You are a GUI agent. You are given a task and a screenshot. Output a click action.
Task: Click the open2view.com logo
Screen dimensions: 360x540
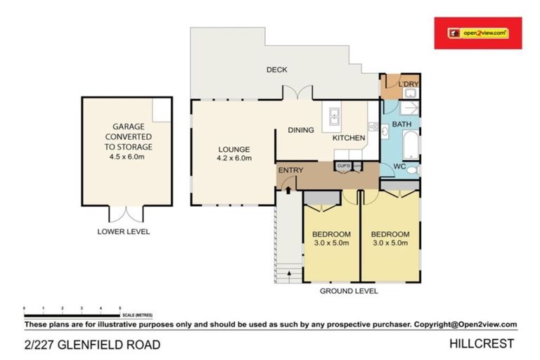(477, 33)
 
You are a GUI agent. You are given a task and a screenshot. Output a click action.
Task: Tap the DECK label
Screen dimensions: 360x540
(277, 70)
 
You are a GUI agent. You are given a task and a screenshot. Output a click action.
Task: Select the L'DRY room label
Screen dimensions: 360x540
(408, 85)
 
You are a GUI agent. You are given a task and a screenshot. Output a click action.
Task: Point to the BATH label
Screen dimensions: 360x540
(401, 124)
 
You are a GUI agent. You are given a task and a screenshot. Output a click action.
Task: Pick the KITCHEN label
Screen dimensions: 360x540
(349, 138)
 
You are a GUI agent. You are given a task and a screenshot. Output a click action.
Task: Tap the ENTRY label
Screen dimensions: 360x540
(290, 171)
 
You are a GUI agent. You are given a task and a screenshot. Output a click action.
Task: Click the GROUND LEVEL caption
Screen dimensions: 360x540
(349, 290)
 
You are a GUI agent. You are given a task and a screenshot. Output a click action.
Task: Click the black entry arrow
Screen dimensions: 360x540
(288, 187)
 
